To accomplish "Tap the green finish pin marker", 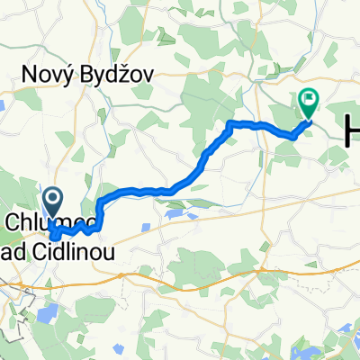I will (309, 102).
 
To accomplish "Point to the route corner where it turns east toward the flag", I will (231, 122).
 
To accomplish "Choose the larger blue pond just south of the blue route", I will (172, 214).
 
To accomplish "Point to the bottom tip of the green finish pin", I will (309, 117).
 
